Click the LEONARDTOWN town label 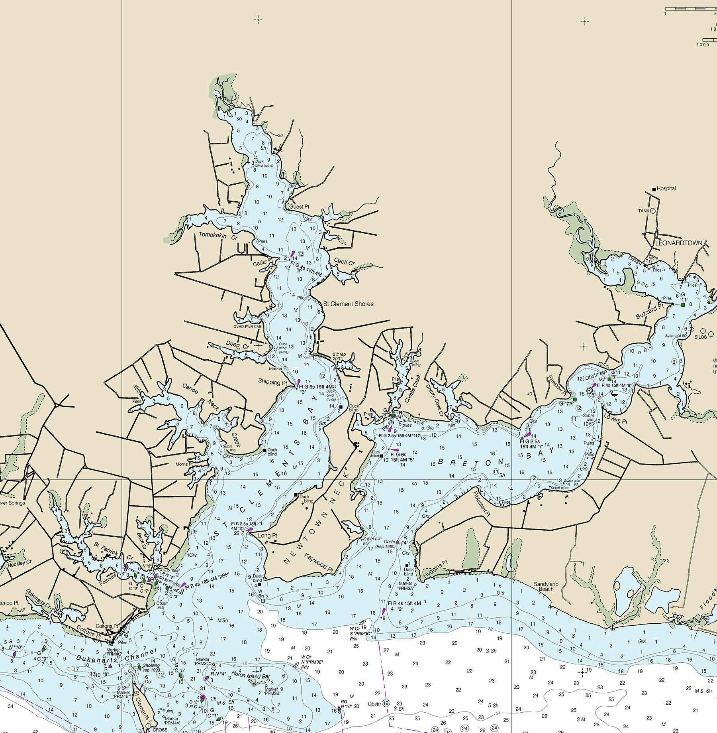[x=679, y=242]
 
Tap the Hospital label [x=666, y=188]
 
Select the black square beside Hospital [x=654, y=189]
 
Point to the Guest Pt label [x=299, y=207]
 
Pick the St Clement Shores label [x=348, y=303]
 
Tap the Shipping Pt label [x=272, y=382]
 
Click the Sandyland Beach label [x=546, y=586]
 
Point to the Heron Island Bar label [x=244, y=677]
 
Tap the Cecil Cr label [x=344, y=262]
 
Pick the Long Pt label [x=267, y=535]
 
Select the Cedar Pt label [x=263, y=263]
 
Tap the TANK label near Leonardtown [x=644, y=211]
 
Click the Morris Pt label [x=184, y=464]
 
